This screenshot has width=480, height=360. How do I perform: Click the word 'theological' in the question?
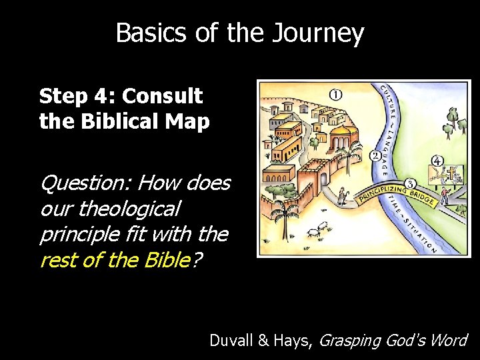[x=129, y=209]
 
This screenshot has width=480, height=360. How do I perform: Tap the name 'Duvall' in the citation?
[x=230, y=340]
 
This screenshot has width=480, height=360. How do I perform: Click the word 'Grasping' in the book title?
[x=349, y=341]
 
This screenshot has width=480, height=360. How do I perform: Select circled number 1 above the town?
[x=335, y=94]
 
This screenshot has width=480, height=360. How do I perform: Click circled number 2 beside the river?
[x=375, y=156]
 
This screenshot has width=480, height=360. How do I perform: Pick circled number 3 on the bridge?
[x=410, y=182]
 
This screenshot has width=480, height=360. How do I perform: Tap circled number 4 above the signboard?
[x=437, y=161]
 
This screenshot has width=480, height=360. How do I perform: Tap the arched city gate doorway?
[x=325, y=180]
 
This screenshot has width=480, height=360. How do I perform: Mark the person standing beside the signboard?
[x=462, y=197]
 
